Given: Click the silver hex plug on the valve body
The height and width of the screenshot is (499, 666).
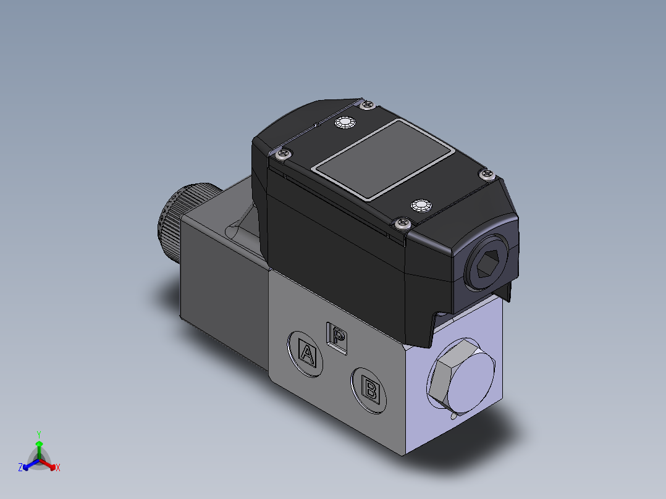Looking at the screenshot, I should [x=460, y=377].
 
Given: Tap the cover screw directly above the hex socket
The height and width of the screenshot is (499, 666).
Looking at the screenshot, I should [x=487, y=175].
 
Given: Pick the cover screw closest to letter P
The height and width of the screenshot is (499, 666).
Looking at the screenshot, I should [x=403, y=224].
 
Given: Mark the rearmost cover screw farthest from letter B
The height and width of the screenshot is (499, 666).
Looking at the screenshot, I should [x=368, y=106].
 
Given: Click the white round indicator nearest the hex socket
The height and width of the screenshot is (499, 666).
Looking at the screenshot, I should [x=421, y=204].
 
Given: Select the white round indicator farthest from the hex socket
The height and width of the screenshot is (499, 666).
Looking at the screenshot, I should [x=344, y=123].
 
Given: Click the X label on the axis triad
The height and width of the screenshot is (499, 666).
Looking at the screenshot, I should [x=58, y=468].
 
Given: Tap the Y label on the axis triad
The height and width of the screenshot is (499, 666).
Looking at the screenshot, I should [x=38, y=434].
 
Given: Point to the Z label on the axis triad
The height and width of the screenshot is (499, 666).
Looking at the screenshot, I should [x=20, y=468].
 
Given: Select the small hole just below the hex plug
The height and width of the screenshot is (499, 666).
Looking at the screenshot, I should [x=455, y=416].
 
